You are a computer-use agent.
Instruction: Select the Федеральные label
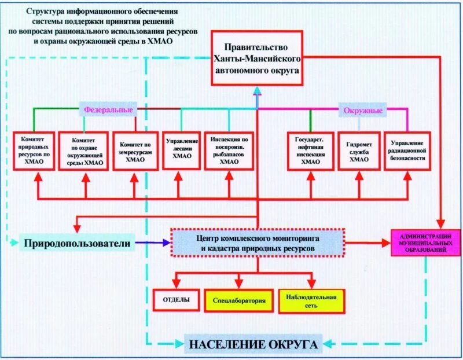tap(108, 109)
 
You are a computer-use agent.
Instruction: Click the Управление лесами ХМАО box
tap(182, 150)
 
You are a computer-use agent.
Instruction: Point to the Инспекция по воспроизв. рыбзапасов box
tap(229, 151)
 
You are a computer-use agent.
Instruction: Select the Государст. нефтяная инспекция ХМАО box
tap(310, 151)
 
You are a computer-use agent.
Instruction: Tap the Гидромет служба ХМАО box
tap(359, 151)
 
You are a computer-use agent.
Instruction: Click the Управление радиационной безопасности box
tap(407, 151)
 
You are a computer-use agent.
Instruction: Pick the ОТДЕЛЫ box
tap(174, 300)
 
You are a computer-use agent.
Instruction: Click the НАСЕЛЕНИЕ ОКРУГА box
tap(253, 344)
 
